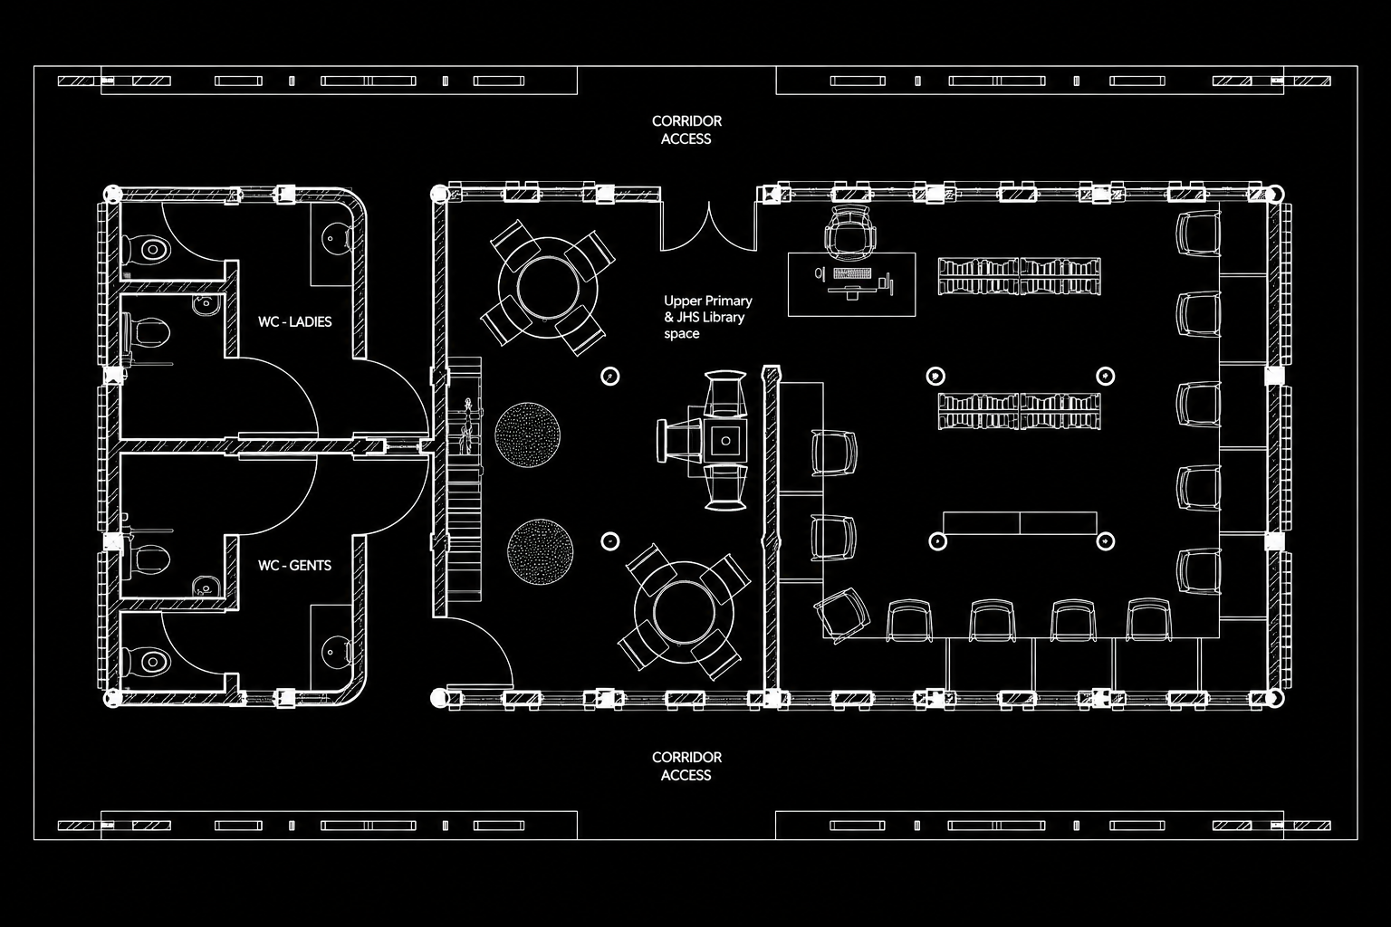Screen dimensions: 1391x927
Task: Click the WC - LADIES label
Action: click(295, 321)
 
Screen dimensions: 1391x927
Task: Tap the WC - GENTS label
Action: click(295, 565)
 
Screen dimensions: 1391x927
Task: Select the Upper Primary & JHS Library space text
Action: click(708, 317)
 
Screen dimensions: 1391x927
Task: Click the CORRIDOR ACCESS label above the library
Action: click(686, 129)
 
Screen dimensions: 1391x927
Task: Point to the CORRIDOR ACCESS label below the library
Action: click(686, 766)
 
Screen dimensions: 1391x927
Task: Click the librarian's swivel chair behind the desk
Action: click(850, 234)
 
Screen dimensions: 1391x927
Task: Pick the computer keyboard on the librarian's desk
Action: click(852, 273)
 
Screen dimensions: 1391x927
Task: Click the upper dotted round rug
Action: click(527, 435)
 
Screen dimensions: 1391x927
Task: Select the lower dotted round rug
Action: click(540, 551)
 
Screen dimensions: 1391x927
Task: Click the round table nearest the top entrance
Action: click(548, 287)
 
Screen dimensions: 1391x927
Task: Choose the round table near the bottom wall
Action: click(684, 612)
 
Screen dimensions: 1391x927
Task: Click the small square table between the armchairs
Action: click(725, 441)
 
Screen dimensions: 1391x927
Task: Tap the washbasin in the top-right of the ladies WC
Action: click(336, 238)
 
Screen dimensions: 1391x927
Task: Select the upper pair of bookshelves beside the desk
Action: click(1019, 276)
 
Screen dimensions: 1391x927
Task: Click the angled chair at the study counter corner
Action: click(841, 616)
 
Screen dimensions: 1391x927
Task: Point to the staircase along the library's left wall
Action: click(465, 478)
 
